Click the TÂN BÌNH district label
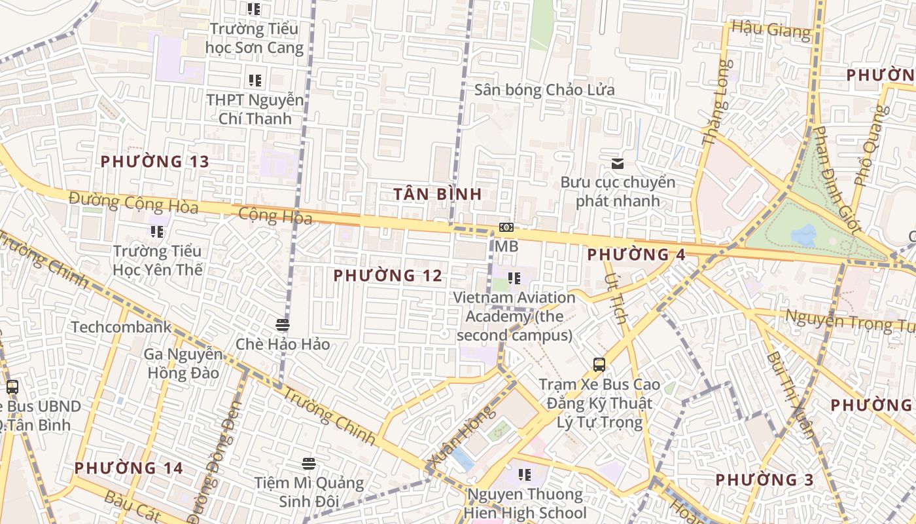click(438, 194)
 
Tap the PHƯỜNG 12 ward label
click(388, 276)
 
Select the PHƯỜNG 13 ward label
click(154, 161)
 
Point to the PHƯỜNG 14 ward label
click(128, 468)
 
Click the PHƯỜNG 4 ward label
click(636, 255)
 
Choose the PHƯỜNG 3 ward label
click(764, 480)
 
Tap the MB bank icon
click(506, 228)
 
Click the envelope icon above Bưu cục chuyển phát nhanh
click(617, 164)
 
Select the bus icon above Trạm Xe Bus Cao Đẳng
click(599, 365)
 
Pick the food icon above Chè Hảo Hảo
click(283, 325)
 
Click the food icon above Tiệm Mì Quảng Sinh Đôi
click(309, 464)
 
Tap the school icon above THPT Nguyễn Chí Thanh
click(255, 81)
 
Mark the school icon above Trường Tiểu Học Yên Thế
click(156, 231)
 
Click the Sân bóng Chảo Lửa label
click(544, 90)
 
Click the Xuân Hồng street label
click(460, 438)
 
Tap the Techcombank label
click(121, 327)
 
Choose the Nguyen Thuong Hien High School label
click(524, 503)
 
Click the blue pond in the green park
click(803, 234)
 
